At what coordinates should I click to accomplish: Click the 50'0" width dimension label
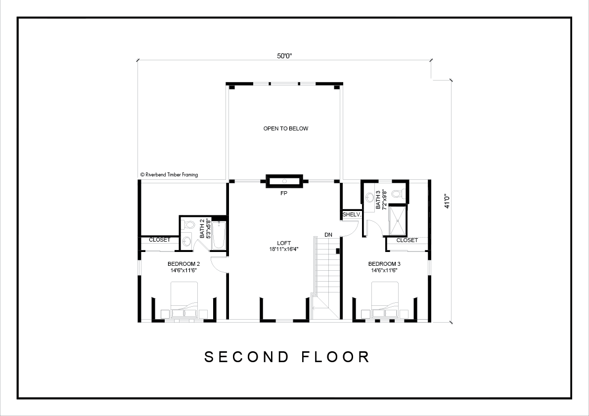click(284, 56)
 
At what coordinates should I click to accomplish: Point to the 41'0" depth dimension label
click(447, 201)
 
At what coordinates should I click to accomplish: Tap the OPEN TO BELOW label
click(286, 128)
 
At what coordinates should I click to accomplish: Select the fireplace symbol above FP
click(284, 181)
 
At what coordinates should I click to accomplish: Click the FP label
click(284, 194)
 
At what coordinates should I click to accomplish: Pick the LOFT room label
click(284, 243)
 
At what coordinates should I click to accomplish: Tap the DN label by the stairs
click(328, 235)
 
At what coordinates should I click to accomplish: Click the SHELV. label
click(352, 215)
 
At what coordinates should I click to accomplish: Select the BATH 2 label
click(202, 229)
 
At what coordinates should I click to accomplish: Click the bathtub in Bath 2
click(219, 236)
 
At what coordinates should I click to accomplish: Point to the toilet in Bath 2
click(187, 225)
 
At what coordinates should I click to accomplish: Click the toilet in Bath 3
click(398, 194)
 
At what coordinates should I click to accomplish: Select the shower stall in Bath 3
click(398, 221)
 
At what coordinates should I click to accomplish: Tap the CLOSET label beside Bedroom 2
click(160, 240)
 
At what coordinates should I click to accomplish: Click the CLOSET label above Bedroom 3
click(407, 240)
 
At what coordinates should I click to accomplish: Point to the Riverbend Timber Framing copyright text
click(169, 175)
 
